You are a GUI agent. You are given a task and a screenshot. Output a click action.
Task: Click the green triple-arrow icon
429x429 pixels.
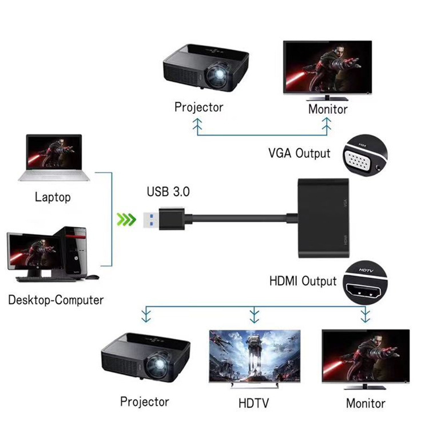tap(126, 219)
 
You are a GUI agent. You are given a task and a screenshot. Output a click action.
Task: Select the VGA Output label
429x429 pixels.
tap(299, 153)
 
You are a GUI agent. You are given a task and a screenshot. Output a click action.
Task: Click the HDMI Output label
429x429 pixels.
tap(303, 281)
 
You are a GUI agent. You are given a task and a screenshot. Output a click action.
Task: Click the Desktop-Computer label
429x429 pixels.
tap(55, 300)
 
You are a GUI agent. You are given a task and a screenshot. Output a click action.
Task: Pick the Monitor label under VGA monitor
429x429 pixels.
tap(328, 109)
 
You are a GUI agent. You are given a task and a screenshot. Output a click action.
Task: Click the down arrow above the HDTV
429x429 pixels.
tap(254, 315)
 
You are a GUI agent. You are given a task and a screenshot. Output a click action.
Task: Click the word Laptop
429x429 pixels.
tap(53, 197)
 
